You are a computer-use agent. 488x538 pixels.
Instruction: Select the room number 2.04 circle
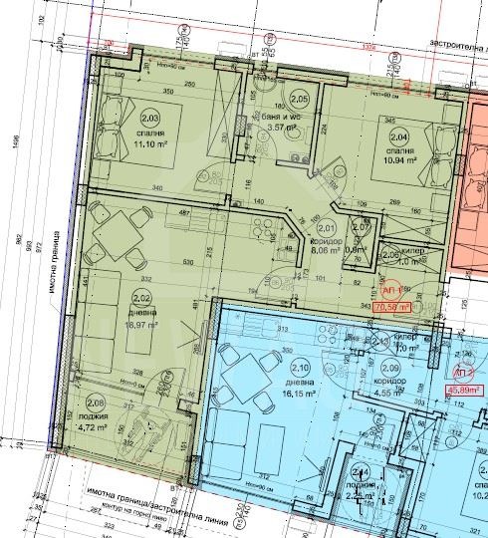click(399, 138)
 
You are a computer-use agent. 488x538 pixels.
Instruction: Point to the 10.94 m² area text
click(398, 160)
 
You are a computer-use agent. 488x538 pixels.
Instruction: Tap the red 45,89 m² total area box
click(461, 392)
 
